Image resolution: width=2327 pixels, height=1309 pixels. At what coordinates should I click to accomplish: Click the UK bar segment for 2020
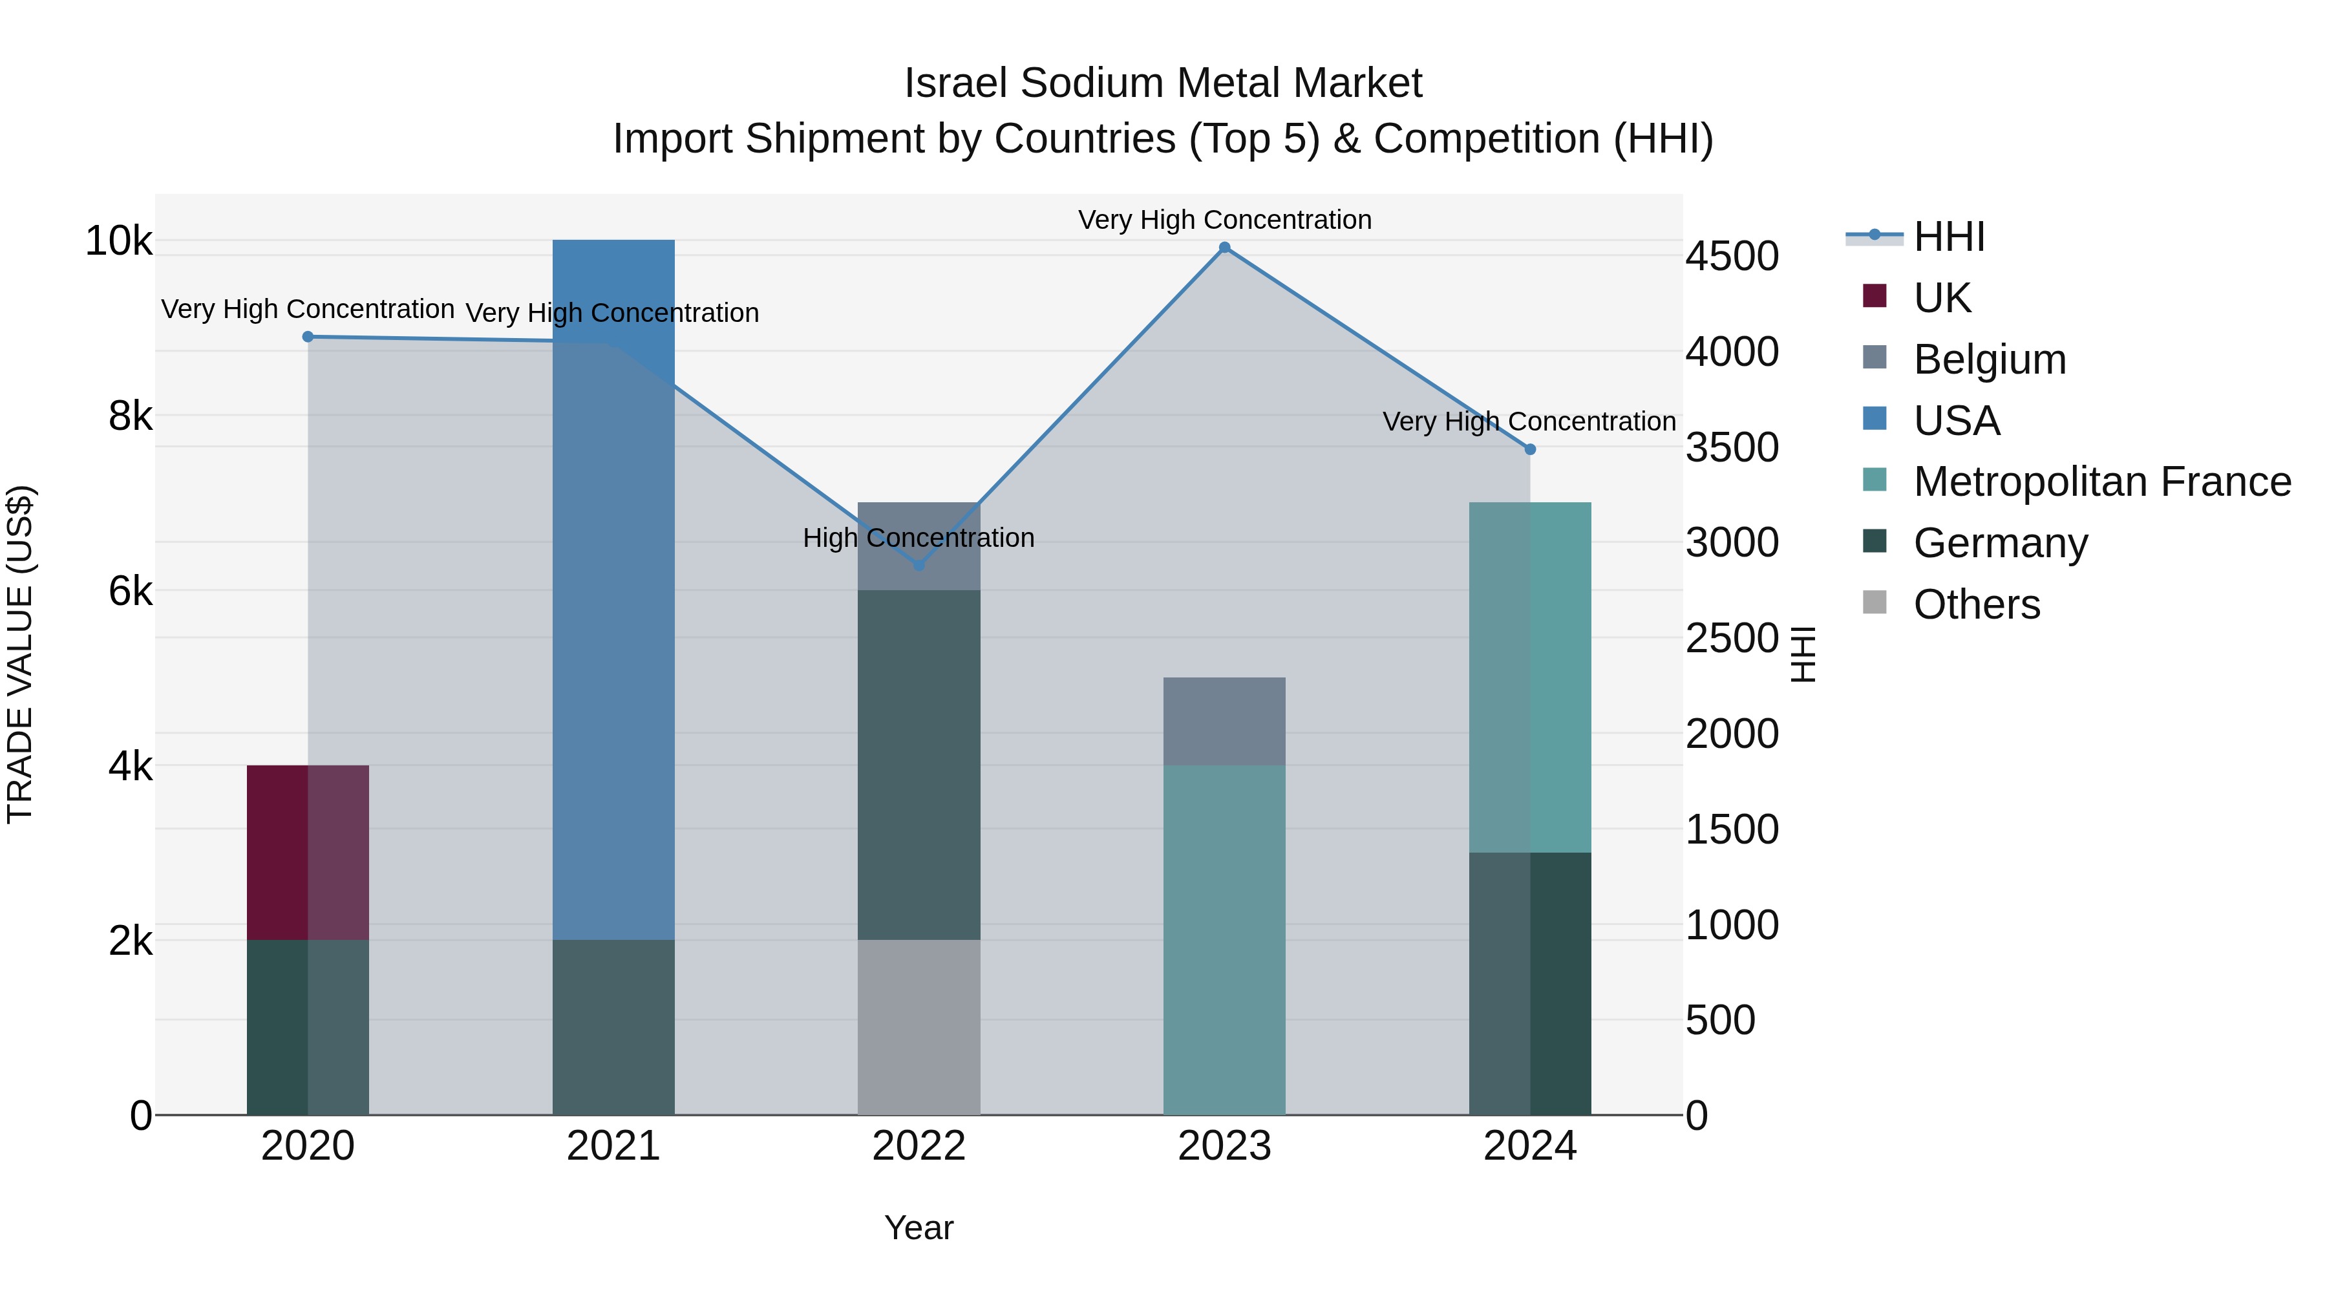point(307,852)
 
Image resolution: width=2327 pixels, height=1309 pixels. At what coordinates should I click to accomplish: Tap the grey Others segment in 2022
point(919,1027)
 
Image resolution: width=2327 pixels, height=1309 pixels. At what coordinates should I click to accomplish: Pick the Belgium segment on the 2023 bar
point(1224,721)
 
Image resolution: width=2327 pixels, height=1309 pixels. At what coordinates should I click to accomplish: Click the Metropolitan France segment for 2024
point(1529,677)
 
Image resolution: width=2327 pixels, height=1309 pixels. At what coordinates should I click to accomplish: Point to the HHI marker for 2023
point(1224,248)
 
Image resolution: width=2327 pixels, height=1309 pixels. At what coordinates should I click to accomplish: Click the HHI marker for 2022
point(919,566)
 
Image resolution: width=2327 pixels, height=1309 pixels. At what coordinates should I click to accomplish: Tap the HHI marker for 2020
point(308,337)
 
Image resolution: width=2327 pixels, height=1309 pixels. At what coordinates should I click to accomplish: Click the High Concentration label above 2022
point(919,538)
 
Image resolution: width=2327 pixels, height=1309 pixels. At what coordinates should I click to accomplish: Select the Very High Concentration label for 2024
point(1529,422)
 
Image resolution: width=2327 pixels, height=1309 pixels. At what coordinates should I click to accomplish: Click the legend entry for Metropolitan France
point(2101,482)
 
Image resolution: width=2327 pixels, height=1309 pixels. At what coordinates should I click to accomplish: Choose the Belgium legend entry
point(1989,359)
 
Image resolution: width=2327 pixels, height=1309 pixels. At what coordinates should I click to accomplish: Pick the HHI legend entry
point(1948,237)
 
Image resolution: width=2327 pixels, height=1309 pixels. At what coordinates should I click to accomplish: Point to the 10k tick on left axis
point(118,241)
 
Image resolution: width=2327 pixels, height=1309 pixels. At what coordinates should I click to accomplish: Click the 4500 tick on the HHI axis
point(1732,257)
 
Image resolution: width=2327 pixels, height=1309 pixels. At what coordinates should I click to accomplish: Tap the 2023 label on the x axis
point(1224,1146)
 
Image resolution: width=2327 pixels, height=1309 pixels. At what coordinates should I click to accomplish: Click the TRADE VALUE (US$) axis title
point(20,654)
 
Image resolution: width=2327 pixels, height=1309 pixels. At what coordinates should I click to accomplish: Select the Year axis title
point(919,1228)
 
